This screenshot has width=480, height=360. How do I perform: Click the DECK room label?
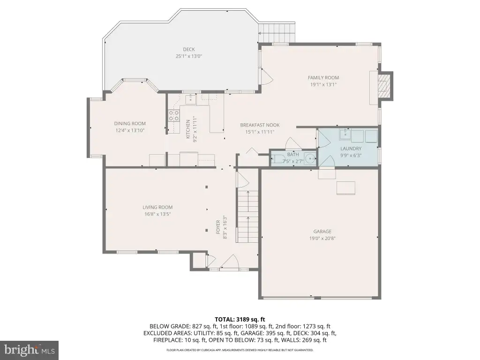click(189, 49)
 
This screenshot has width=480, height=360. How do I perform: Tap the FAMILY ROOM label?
click(323, 78)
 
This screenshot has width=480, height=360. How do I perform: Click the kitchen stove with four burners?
click(173, 116)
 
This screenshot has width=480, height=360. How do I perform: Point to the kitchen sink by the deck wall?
click(190, 99)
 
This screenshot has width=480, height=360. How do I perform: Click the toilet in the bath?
click(277, 159)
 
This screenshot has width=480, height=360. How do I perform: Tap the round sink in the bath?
click(311, 159)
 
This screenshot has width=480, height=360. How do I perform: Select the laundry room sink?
click(345, 134)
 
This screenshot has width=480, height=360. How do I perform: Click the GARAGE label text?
click(322, 232)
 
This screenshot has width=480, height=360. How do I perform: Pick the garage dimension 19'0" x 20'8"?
click(322, 239)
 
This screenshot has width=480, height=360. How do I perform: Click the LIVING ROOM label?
click(157, 207)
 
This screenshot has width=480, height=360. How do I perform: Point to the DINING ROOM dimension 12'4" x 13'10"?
click(130, 130)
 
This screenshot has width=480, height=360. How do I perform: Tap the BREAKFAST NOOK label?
click(260, 125)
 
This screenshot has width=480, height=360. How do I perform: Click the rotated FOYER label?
click(218, 227)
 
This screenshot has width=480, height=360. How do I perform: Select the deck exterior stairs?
click(277, 33)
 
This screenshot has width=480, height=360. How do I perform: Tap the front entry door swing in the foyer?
click(229, 261)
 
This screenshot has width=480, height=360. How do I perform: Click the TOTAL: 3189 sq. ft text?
click(240, 320)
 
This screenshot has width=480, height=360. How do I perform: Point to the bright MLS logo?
click(30, 350)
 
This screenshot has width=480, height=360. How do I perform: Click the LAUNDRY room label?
click(351, 149)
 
